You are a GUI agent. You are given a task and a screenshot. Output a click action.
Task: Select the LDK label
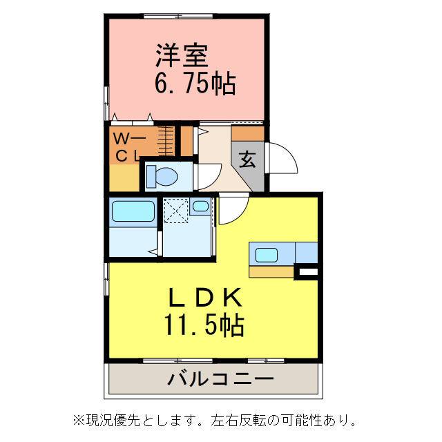(205, 297)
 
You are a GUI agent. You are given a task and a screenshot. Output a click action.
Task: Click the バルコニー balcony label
(220, 379)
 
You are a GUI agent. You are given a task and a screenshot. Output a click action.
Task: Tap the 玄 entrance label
(247, 160)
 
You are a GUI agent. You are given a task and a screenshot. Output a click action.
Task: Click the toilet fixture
(163, 175)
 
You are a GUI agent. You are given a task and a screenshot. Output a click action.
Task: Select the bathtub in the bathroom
(132, 211)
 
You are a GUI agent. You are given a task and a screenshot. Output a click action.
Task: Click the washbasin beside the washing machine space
(201, 206)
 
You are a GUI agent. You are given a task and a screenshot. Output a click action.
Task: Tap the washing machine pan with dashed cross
(176, 210)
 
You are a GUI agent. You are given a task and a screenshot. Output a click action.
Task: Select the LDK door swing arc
(232, 211)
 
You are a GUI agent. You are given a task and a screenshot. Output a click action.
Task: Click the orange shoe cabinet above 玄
(248, 133)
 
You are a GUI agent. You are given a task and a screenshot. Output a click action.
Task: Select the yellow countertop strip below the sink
(271, 271)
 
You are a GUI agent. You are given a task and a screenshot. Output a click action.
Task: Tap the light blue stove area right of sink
(307, 252)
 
